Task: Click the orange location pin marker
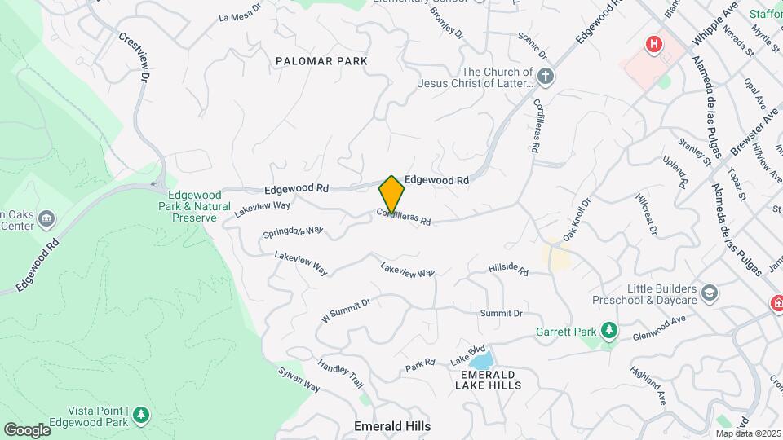click(391, 194)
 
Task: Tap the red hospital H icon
click(652, 44)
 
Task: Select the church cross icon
click(546, 77)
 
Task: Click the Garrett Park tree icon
click(608, 331)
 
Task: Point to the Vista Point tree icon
click(141, 416)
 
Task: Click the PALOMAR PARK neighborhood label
click(321, 61)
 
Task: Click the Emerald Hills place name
click(392, 426)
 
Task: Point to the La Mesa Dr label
click(240, 15)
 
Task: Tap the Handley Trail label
click(339, 374)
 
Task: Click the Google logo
click(27, 429)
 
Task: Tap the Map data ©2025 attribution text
click(747, 433)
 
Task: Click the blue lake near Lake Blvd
click(481, 361)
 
